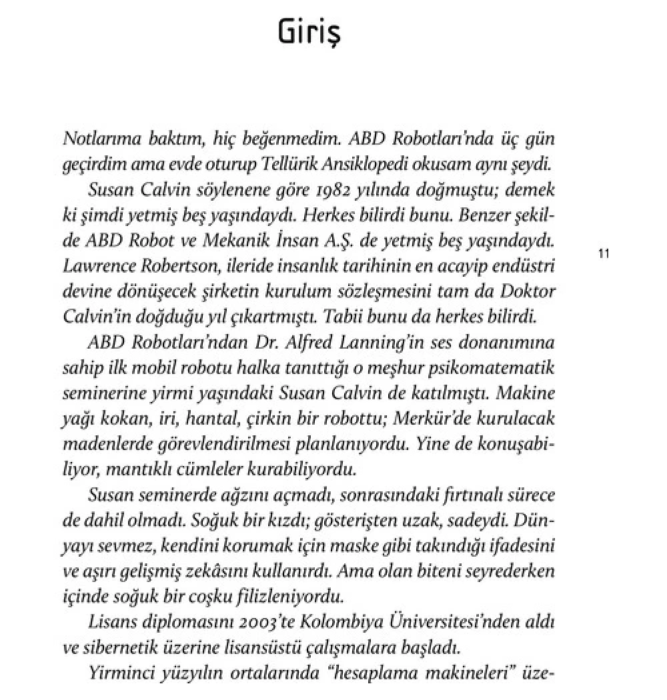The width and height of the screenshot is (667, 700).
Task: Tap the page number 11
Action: coord(605,253)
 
